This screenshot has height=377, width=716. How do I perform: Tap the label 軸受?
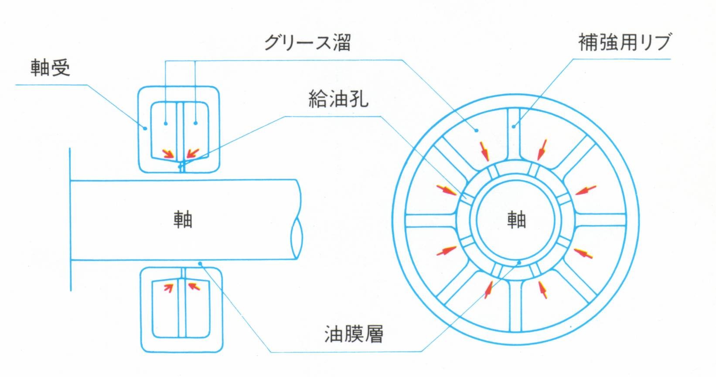(x=51, y=68)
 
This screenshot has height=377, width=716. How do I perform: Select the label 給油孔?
(x=338, y=99)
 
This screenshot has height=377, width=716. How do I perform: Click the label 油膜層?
(x=354, y=334)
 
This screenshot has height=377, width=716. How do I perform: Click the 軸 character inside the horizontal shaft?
(x=183, y=219)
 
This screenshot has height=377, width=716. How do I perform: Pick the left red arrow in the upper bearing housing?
(x=168, y=154)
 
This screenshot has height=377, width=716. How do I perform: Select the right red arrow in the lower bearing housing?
(x=194, y=286)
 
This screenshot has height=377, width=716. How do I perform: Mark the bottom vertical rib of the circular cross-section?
(x=515, y=305)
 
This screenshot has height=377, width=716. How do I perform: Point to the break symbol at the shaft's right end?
(x=297, y=238)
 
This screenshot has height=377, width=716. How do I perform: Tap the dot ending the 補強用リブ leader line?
(x=515, y=127)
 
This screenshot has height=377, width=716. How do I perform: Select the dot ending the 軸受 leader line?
(x=146, y=128)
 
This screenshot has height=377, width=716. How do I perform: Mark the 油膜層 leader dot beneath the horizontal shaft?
(x=200, y=263)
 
